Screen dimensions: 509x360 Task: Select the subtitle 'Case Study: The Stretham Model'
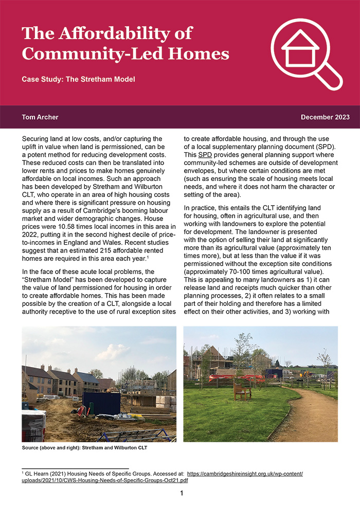pos(78,80)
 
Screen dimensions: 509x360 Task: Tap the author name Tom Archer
pos(40,117)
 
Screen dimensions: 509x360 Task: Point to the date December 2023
pos(325,117)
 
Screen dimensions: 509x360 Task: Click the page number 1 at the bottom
pos(182,494)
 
